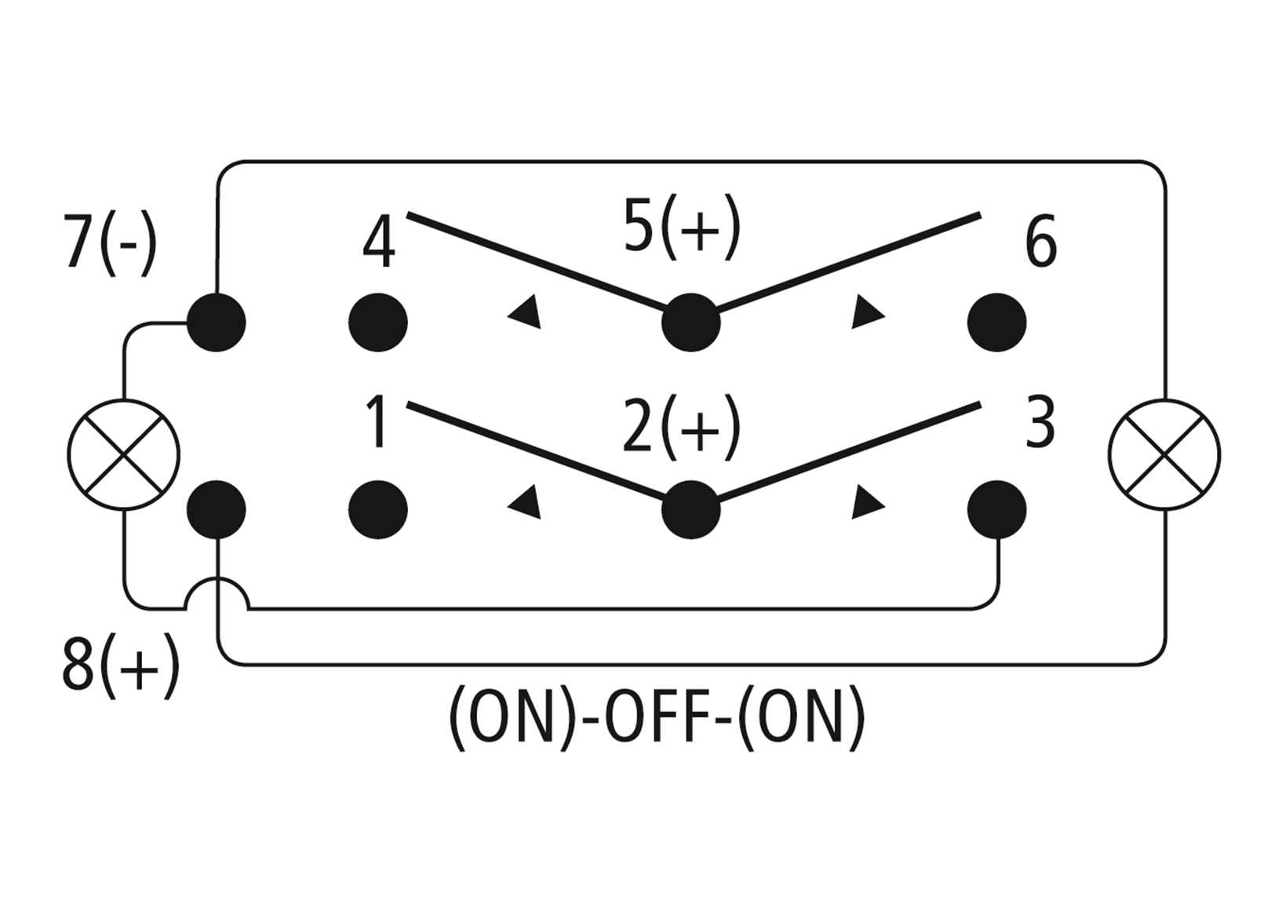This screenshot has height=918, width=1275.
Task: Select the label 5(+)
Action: tap(681, 228)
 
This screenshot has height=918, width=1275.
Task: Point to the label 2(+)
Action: tap(681, 427)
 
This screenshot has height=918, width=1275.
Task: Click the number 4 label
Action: tap(378, 243)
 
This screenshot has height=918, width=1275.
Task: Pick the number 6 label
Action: tap(1040, 243)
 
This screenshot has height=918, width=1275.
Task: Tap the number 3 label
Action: tap(1040, 422)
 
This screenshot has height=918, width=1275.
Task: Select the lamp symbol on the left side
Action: tap(123, 455)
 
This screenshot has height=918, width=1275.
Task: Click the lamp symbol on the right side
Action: tap(1164, 455)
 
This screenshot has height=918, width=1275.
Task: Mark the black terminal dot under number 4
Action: tap(378, 322)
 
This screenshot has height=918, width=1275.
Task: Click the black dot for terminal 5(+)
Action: tap(690, 322)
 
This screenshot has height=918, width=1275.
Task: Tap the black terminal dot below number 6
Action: tap(996, 322)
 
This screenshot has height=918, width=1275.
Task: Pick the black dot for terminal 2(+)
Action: tap(690, 510)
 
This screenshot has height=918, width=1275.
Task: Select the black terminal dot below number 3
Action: tap(996, 510)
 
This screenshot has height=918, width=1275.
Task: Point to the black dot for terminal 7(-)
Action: tap(217, 322)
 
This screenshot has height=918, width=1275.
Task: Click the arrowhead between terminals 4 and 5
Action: tap(526, 311)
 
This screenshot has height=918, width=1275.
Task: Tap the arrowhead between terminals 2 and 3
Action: tap(866, 502)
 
